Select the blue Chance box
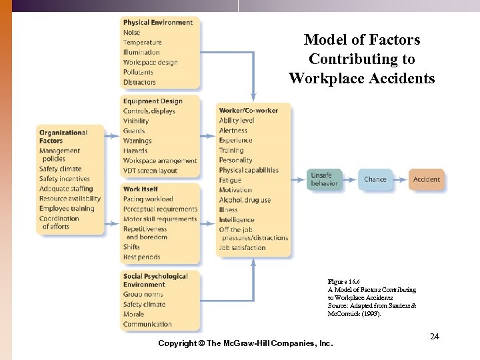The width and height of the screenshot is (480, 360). point(375,179)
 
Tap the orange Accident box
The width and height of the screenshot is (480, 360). point(426,179)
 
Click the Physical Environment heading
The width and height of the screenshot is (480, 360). point(158,23)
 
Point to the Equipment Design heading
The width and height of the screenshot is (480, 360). point(153,101)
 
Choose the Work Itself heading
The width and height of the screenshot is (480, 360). point(141,189)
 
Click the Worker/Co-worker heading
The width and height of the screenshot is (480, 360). point(249,111)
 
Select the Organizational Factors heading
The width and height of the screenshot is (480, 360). point(63,137)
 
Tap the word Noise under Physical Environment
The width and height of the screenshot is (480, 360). point(131,33)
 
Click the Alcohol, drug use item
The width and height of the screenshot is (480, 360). point(245,200)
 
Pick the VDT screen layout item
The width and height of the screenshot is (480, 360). point(150,171)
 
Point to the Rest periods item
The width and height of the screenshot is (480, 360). point(141,257)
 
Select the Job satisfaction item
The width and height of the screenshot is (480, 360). point(242,248)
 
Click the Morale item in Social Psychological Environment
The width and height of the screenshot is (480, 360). point(133,314)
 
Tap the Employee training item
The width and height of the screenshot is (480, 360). point(67,209)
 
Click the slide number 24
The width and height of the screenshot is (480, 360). point(435,337)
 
